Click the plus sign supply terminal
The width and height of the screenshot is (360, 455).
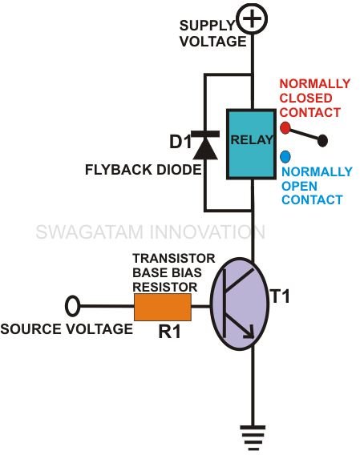tap(252, 19)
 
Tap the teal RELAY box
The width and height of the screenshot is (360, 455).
tap(251, 144)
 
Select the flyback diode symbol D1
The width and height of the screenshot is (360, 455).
tap(205, 145)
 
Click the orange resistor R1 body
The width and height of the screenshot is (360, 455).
tap(163, 307)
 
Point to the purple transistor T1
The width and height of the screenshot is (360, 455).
tap(240, 304)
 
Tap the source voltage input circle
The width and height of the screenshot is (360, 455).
tap(72, 306)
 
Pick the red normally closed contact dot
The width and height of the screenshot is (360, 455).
tap(285, 128)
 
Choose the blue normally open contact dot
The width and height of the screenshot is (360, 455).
tap(285, 157)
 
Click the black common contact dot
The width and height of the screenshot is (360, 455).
tap(322, 141)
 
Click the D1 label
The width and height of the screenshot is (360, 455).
tap(180, 143)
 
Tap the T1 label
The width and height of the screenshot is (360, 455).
tap(281, 296)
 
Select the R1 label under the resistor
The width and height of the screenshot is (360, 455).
tap(169, 332)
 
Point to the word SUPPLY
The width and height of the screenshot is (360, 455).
tap(207, 26)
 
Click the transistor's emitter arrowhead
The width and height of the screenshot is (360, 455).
tap(249, 332)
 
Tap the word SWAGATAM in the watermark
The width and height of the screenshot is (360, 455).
tap(90, 232)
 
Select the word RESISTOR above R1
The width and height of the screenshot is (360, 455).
tap(165, 287)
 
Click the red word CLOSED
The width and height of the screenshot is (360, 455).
tap(305, 98)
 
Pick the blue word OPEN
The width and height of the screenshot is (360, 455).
tap(299, 186)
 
